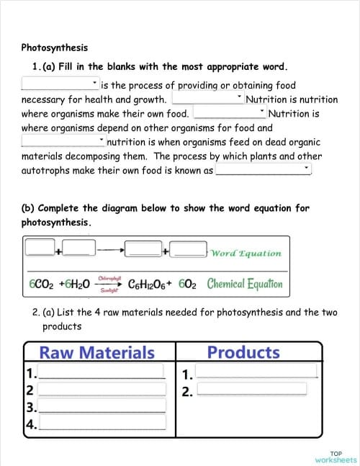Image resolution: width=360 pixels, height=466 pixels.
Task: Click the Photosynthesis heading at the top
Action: click(55, 48)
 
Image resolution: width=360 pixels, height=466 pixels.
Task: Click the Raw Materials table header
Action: click(96, 352)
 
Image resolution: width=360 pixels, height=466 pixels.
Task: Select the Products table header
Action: click(243, 352)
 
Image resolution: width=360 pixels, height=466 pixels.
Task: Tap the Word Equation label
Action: click(246, 253)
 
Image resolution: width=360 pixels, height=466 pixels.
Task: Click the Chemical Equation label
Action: click(245, 283)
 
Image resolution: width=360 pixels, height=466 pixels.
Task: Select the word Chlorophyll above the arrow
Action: click(109, 277)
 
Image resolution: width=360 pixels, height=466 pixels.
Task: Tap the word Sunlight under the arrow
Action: click(109, 290)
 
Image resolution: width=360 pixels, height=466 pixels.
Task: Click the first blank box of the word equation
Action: click(40, 248)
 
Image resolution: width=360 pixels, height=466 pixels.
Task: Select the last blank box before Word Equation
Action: click(189, 248)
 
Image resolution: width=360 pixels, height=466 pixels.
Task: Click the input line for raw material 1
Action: click(102, 372)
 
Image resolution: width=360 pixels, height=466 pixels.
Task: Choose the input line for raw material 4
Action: click(102, 424)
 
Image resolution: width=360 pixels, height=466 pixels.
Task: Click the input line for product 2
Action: click(256, 390)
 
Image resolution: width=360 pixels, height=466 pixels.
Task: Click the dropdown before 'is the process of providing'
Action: click(60, 85)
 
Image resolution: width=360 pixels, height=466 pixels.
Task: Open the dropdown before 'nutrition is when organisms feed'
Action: click(63, 142)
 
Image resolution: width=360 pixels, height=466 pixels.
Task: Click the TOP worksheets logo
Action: click(336, 457)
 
